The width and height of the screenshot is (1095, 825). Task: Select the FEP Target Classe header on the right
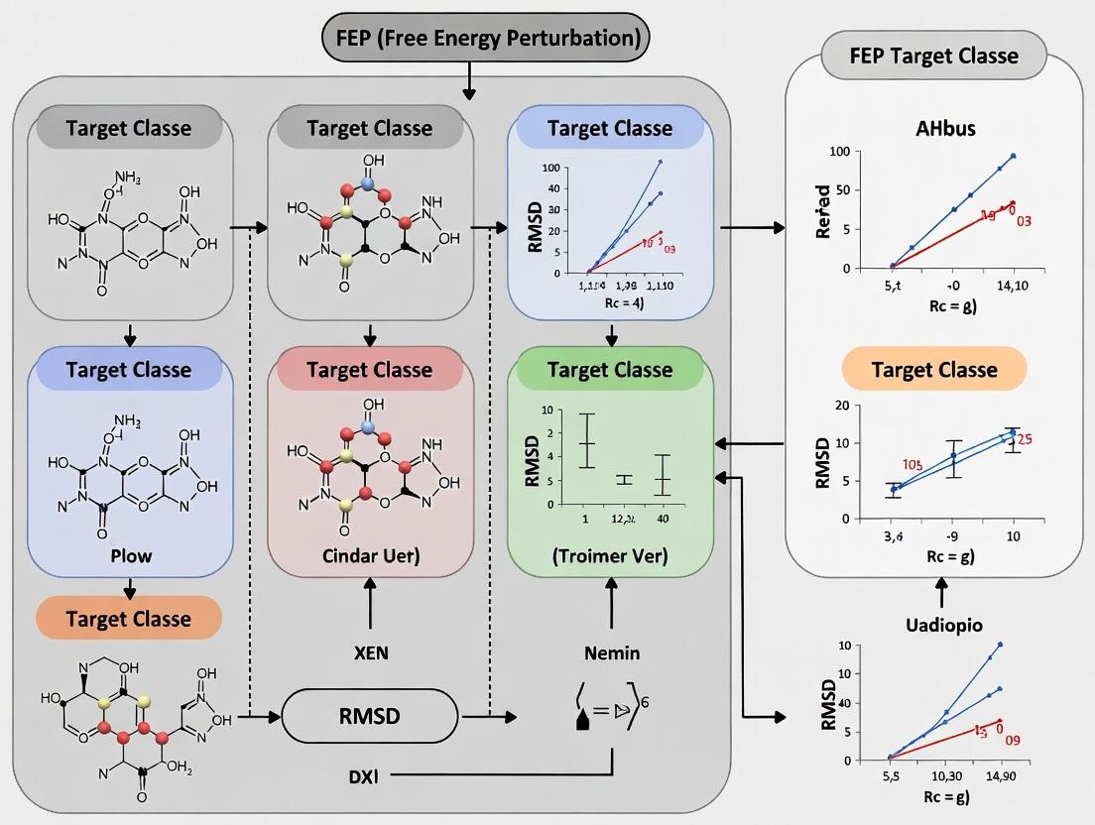coord(933,55)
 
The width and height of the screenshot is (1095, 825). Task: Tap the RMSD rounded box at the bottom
coord(371,714)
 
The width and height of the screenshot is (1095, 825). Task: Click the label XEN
coord(370,652)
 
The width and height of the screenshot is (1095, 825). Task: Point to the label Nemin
coord(611,652)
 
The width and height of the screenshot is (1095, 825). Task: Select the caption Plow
coord(130,555)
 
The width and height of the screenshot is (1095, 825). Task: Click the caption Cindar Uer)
coord(370,555)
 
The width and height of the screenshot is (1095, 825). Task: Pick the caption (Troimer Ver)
coord(610,556)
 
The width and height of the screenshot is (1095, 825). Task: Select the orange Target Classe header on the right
coord(933,370)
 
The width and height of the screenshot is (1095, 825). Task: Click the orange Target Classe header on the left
coord(128,619)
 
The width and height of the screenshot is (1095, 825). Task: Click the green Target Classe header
coord(610,370)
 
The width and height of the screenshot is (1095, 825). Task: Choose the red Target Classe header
coord(370,370)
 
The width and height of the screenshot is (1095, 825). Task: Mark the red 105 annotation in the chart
coord(912,464)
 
